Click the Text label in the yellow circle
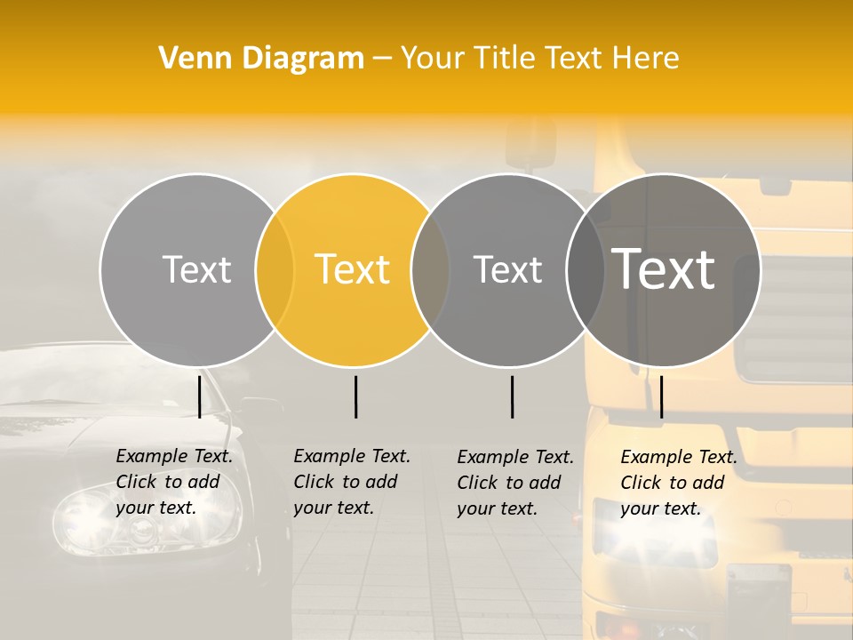353,269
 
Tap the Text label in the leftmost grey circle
196,269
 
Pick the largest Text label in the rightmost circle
664,269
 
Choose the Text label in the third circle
508,269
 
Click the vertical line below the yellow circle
355,396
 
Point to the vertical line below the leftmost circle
200,396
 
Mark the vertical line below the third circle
513,396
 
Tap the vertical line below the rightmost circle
661,396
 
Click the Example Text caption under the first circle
174,482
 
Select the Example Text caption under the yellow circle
352,482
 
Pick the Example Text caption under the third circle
515,483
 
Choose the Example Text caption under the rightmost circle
679,483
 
